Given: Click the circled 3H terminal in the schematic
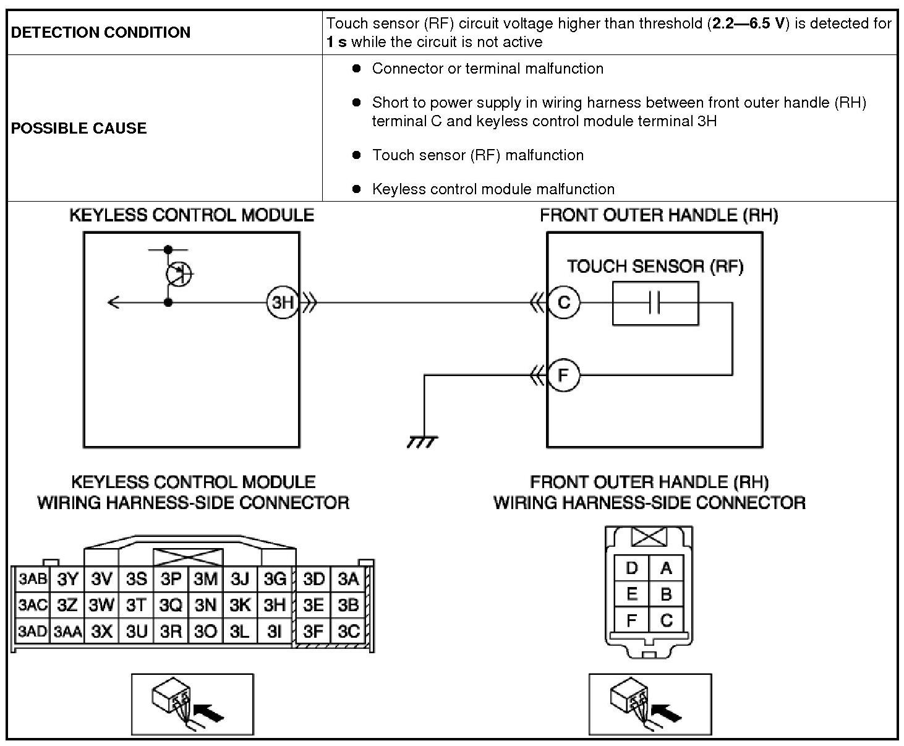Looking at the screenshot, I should [283, 302].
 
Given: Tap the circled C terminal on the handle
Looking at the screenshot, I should [563, 302].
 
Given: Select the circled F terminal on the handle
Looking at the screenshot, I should [563, 375].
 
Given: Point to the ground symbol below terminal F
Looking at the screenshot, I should [423, 441].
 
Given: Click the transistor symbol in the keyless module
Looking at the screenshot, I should [179, 273].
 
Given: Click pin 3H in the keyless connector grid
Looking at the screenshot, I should [275, 604].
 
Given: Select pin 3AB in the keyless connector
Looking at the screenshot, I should [32, 579].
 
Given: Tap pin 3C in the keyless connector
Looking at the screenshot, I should [348, 632].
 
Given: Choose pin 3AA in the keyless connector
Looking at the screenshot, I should [67, 632].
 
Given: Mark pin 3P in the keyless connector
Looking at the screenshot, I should [171, 579].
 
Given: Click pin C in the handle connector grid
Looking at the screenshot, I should [666, 620].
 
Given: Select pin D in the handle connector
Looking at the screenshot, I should [631, 568].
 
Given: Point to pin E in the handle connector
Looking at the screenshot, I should [631, 594].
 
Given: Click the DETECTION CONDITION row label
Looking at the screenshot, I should [101, 32].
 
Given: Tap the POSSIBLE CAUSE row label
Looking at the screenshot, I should [79, 128].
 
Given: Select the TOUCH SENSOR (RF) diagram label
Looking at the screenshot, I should [655, 267].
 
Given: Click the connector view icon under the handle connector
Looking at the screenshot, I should [650, 704].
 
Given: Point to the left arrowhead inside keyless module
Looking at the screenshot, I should [113, 302].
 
